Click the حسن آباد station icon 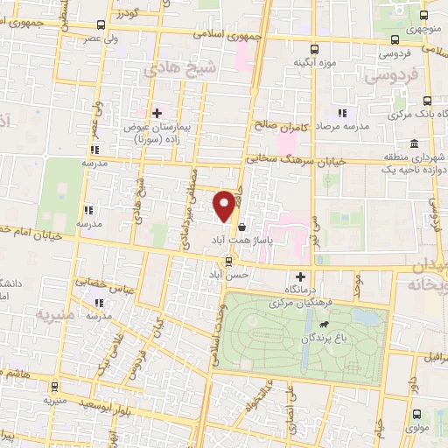[x=228, y=260]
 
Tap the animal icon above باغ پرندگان [x=325, y=324]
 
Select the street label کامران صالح [x=277, y=125]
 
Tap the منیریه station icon [x=54, y=385]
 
